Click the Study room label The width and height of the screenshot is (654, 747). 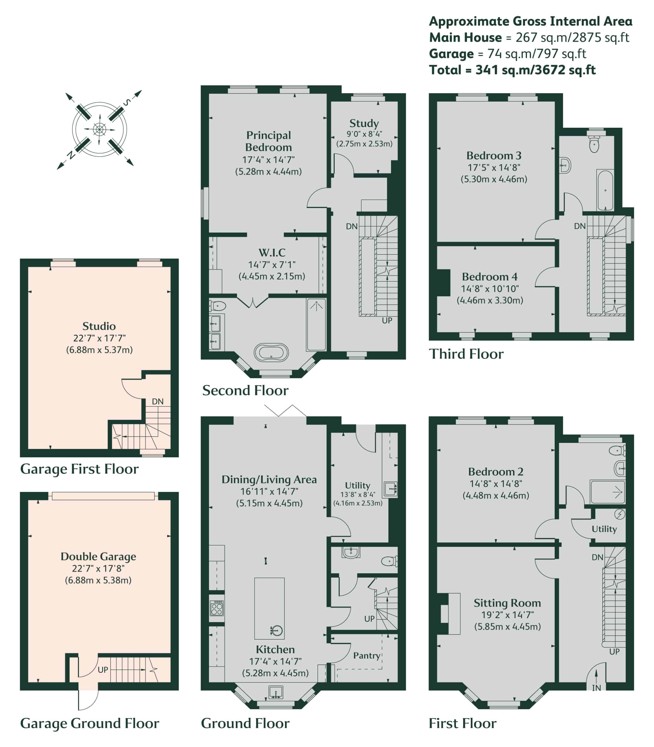(x=364, y=123)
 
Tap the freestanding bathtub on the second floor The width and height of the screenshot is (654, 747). (x=271, y=353)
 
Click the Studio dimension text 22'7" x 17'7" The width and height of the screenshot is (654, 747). (x=99, y=338)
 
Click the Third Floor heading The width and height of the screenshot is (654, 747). (x=466, y=354)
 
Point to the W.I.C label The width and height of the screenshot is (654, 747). (x=272, y=252)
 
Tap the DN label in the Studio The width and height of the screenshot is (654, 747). (x=158, y=402)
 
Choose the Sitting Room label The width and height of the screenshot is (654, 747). (x=507, y=603)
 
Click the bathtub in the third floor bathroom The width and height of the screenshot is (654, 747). (x=605, y=190)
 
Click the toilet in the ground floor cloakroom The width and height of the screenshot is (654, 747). (x=389, y=561)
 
